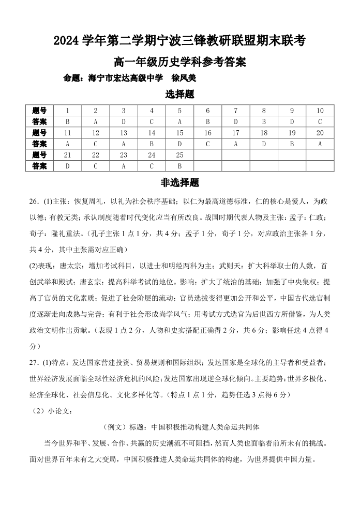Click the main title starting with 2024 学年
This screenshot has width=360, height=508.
pyautogui.click(x=179, y=40)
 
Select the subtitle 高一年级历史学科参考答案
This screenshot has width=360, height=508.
pyautogui.click(x=179, y=62)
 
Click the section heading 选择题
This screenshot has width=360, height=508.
pyautogui.click(x=179, y=95)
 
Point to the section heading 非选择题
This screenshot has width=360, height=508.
pyautogui.click(x=179, y=182)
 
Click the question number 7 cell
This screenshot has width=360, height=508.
pyautogui.click(x=236, y=111)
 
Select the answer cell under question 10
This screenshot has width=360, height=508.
pyautogui.click(x=320, y=121)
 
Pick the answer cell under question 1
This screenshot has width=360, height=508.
pyautogui.click(x=68, y=121)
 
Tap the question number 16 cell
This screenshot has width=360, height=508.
pyautogui.click(x=208, y=133)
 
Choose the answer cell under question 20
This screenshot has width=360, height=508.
pyautogui.click(x=320, y=144)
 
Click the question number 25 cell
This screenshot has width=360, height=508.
pyautogui.click(x=179, y=155)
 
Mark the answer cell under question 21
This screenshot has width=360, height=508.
pyautogui.click(x=68, y=166)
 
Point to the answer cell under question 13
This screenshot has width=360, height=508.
pyautogui.click(x=124, y=144)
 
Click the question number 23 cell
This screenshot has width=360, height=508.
pyautogui.click(x=124, y=155)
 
